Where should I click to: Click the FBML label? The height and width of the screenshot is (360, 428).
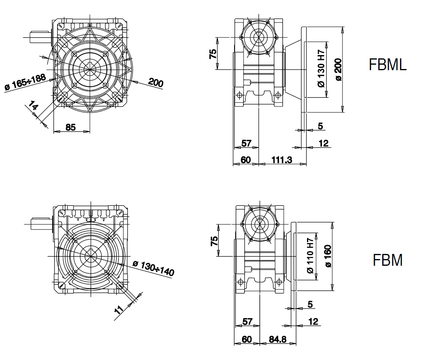tap(387, 65)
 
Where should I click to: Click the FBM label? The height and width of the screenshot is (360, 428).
tap(387, 260)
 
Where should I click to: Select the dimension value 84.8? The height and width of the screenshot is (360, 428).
tap(277, 339)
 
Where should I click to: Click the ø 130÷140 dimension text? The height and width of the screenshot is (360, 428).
tap(153, 268)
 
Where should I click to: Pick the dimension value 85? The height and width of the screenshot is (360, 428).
tap(71, 127)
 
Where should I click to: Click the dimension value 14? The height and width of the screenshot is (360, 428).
tap(33, 106)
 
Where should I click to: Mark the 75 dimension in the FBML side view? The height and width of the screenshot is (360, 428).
tap(213, 54)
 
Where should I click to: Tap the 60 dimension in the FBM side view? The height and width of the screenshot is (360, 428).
tap(246, 339)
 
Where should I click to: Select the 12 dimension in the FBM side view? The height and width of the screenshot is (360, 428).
tap(313, 322)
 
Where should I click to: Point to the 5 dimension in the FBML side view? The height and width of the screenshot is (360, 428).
tap(320, 126)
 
